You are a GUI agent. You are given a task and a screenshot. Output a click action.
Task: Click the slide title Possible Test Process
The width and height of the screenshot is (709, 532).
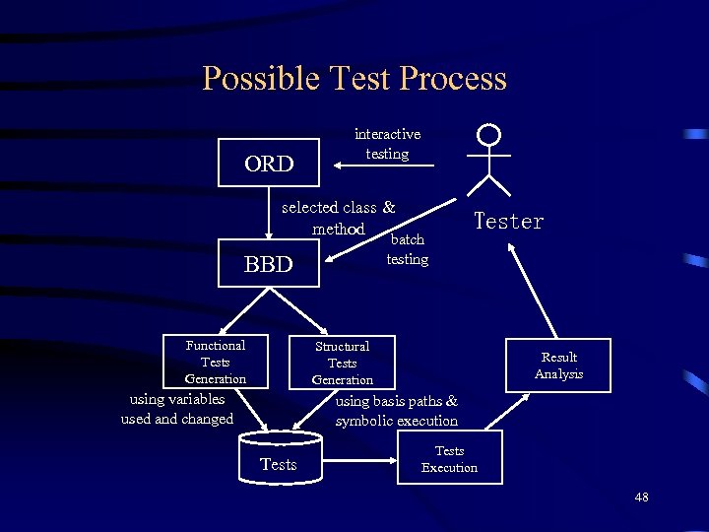point(354,79)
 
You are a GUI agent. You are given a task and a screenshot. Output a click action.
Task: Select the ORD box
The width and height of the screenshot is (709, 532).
point(269,164)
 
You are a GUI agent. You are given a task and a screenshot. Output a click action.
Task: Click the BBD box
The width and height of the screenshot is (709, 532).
point(269,263)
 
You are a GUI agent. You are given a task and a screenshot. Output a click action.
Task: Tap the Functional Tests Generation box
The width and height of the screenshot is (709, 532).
point(216,362)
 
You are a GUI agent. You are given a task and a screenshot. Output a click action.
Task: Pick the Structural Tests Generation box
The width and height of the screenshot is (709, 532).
point(342,363)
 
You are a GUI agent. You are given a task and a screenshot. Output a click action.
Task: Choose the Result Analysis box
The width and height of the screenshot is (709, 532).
point(558,366)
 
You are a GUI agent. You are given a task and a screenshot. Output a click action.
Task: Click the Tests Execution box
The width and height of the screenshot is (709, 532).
point(449,459)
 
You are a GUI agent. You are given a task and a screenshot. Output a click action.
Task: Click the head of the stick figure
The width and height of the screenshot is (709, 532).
point(488,134)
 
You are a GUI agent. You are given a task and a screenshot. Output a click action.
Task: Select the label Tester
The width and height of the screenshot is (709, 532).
point(508,222)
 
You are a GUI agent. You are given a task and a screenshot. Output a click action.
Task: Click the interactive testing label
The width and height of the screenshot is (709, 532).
point(387,144)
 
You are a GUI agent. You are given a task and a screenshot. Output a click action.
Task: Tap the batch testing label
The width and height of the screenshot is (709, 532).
point(408,249)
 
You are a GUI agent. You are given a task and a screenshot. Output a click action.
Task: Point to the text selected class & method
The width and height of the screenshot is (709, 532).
point(338,218)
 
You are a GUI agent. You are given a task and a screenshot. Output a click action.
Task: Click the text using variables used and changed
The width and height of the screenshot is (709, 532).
point(177,409)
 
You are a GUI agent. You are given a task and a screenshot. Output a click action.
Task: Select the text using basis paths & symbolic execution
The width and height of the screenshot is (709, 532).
point(396,411)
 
